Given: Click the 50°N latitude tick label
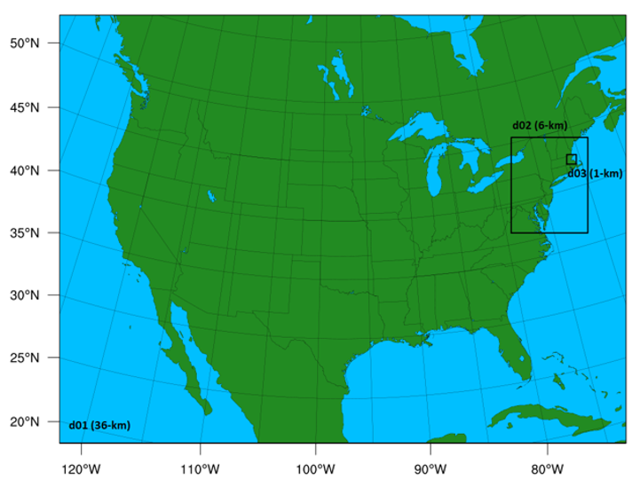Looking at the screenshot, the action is tap(33, 43).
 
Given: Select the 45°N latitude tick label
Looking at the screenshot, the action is tap(33, 107).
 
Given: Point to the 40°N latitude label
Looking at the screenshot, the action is tap(33, 170).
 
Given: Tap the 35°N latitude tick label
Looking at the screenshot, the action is tap(33, 233).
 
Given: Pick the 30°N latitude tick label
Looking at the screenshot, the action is tap(33, 295).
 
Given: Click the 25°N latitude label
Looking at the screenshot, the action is tap(33, 358).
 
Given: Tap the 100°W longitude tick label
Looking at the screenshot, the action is tap(314, 470).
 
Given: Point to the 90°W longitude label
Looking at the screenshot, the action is tap(431, 470).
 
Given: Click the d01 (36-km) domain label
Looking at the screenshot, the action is tap(99, 426).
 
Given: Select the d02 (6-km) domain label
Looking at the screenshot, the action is tap(540, 126).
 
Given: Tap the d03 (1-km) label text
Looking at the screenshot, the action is tap(595, 174).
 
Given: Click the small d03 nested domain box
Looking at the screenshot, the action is tap(571, 159).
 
